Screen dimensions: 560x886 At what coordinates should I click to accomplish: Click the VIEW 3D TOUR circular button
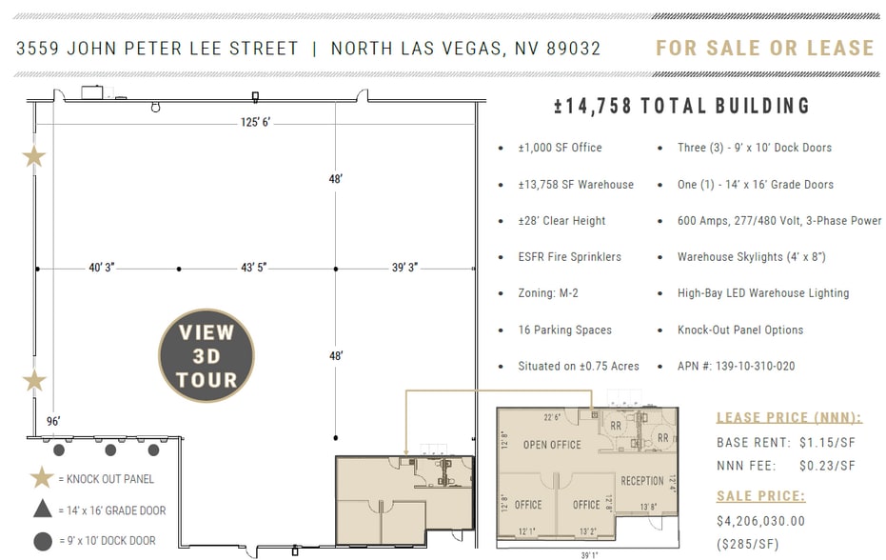pyautogui.click(x=206, y=356)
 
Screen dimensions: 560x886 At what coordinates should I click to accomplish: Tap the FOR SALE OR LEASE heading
pyautogui.click(x=764, y=48)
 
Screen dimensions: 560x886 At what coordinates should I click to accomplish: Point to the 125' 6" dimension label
pyautogui.click(x=255, y=122)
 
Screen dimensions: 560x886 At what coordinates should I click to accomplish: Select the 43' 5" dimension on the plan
pyautogui.click(x=257, y=268)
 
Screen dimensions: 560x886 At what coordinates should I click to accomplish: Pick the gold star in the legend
pyautogui.click(x=42, y=478)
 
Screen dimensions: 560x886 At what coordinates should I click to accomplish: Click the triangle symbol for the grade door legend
pyautogui.click(x=42, y=510)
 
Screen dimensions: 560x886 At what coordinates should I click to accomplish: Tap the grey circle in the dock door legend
pyautogui.click(x=42, y=541)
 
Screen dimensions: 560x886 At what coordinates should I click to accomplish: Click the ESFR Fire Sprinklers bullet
pyautogui.click(x=569, y=257)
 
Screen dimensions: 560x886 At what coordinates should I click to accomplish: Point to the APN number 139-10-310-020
pyautogui.click(x=736, y=366)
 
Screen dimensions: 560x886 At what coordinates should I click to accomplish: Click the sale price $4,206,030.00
pyautogui.click(x=760, y=521)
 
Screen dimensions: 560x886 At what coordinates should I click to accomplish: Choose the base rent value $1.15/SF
pyautogui.click(x=827, y=443)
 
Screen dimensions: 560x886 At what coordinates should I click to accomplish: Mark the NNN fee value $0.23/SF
pyautogui.click(x=827, y=466)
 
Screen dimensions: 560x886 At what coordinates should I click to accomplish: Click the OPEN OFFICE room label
pyautogui.click(x=552, y=445)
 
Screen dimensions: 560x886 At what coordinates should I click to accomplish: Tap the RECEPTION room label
pyautogui.click(x=641, y=481)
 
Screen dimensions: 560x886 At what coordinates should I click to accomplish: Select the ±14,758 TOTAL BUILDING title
pyautogui.click(x=681, y=106)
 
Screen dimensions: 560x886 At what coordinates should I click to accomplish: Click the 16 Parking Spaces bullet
pyautogui.click(x=564, y=330)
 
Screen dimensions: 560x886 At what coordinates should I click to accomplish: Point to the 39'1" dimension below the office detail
pyautogui.click(x=590, y=555)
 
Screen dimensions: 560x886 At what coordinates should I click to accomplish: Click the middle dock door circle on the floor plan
pyautogui.click(x=110, y=450)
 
